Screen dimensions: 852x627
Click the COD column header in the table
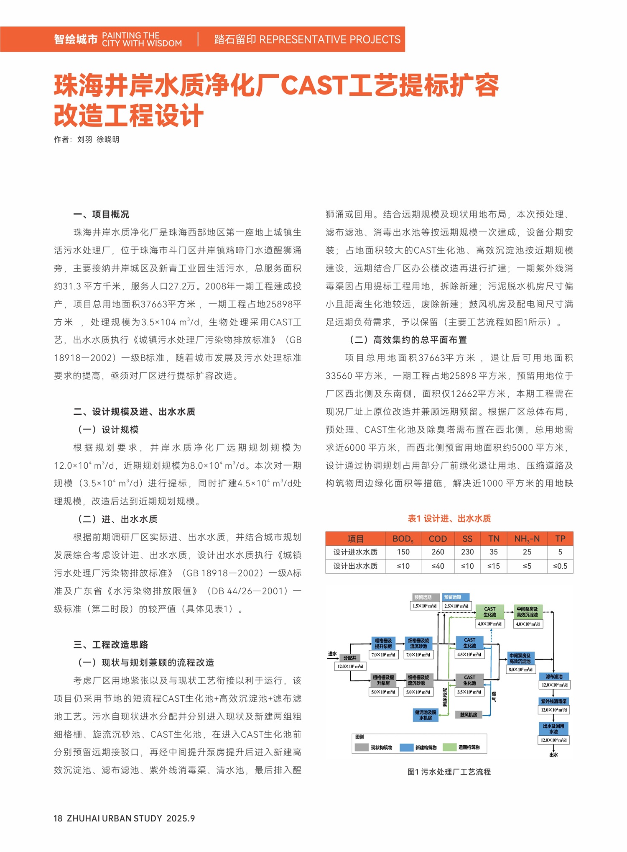438,539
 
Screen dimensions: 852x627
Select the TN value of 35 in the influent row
493,552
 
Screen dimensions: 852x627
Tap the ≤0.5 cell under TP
560,566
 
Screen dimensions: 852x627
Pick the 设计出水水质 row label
355,566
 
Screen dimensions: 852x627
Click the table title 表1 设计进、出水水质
449,518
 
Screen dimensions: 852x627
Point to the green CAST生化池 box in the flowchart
489,612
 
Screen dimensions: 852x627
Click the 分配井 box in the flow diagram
349,658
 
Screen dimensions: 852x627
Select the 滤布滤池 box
554,677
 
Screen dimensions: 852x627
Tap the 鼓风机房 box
469,715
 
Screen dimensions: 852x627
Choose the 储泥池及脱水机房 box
426,715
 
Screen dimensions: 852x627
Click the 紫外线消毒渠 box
554,701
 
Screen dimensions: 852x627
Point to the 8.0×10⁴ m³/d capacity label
520,670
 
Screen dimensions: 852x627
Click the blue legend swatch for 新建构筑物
406,747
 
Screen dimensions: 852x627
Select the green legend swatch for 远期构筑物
450,747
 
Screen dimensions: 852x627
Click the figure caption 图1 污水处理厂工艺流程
449,772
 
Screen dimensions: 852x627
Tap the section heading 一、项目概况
101,215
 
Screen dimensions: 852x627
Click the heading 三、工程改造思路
111,644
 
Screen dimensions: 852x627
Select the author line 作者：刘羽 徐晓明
87,140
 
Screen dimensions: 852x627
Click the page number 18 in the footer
58,819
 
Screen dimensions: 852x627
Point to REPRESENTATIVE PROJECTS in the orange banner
330,40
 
